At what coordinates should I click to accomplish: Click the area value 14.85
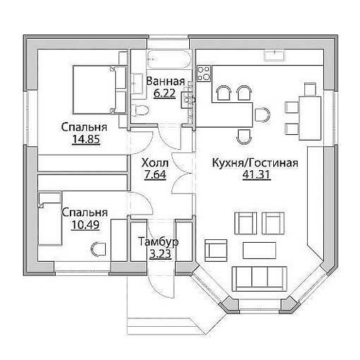86,139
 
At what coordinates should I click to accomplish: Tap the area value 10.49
85,224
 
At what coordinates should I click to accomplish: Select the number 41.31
256,174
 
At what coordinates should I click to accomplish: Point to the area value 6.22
164,93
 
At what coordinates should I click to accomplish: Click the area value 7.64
155,174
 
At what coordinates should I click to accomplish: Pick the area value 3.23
160,254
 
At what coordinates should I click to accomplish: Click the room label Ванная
165,81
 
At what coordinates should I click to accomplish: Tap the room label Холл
155,163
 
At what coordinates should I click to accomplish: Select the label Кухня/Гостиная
256,163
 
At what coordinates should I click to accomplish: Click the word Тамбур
158,242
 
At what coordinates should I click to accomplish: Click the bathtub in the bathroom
169,59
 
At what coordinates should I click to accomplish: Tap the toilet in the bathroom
140,110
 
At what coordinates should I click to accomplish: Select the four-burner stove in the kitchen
204,73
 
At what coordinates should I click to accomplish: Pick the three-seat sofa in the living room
259,279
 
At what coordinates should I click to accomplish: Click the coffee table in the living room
259,251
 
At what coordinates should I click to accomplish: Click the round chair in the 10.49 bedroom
98,249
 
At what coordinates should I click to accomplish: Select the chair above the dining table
310,89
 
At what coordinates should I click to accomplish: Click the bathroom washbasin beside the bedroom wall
136,83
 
